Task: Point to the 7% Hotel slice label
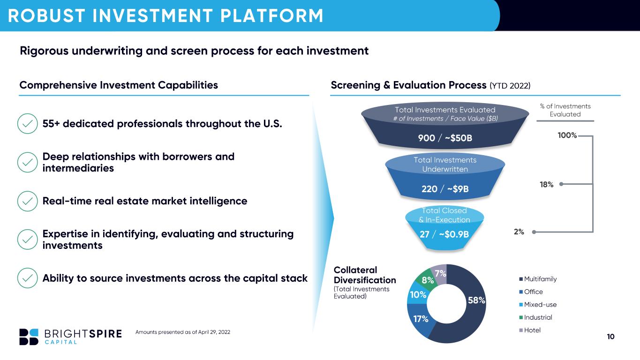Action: pyautogui.click(x=440, y=273)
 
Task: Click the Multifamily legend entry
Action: pyautogui.click(x=538, y=279)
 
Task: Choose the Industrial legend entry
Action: pyautogui.click(x=535, y=317)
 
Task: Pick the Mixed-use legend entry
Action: pyautogui.click(x=538, y=304)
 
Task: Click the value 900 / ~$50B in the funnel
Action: pyautogui.click(x=445, y=138)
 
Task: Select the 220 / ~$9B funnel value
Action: pyautogui.click(x=445, y=189)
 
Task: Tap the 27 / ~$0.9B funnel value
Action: pyautogui.click(x=444, y=234)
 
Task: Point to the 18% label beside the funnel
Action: pyautogui.click(x=546, y=185)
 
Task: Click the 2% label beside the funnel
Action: pyautogui.click(x=519, y=232)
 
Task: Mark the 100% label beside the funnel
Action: pyautogui.click(x=567, y=135)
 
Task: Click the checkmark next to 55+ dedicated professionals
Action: pyautogui.click(x=27, y=123)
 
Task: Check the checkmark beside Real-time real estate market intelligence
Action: pyautogui.click(x=27, y=201)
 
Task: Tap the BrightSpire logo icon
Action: pyautogui.click(x=29, y=337)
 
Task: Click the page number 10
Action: pyautogui.click(x=610, y=337)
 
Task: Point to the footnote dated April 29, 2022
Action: pyautogui.click(x=182, y=332)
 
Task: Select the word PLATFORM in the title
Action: pyautogui.click(x=272, y=15)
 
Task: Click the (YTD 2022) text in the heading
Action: pyautogui.click(x=510, y=86)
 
